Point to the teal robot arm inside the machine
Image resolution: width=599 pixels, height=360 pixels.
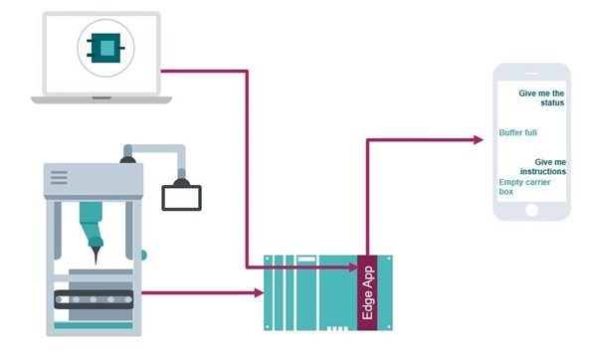[96, 224]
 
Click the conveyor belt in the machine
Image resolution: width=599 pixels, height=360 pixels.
[93, 298]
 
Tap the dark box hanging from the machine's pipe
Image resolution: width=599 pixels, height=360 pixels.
[182, 196]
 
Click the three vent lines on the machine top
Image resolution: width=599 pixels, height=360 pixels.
[60, 178]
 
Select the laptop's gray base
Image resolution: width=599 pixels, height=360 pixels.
[100, 97]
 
